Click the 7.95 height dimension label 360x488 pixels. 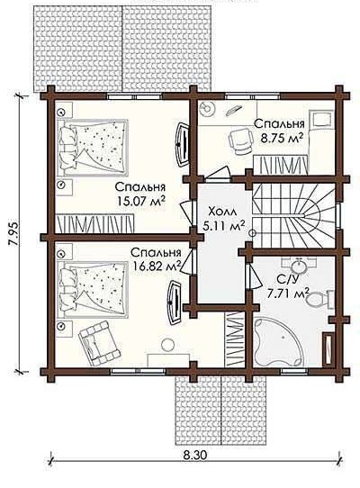(13, 234)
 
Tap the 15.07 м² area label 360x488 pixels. (141, 201)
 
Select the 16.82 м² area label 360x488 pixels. (157, 266)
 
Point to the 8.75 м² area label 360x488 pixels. (282, 138)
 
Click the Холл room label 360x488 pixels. (222, 212)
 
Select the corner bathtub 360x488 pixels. (277, 342)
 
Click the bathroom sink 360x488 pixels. (299, 266)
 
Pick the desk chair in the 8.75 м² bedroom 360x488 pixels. (240, 140)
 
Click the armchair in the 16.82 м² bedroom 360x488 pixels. (99, 343)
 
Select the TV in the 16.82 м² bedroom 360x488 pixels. (175, 303)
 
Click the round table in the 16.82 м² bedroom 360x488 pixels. (167, 346)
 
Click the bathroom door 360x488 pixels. (254, 276)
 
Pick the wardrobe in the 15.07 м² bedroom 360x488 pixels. (94, 223)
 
